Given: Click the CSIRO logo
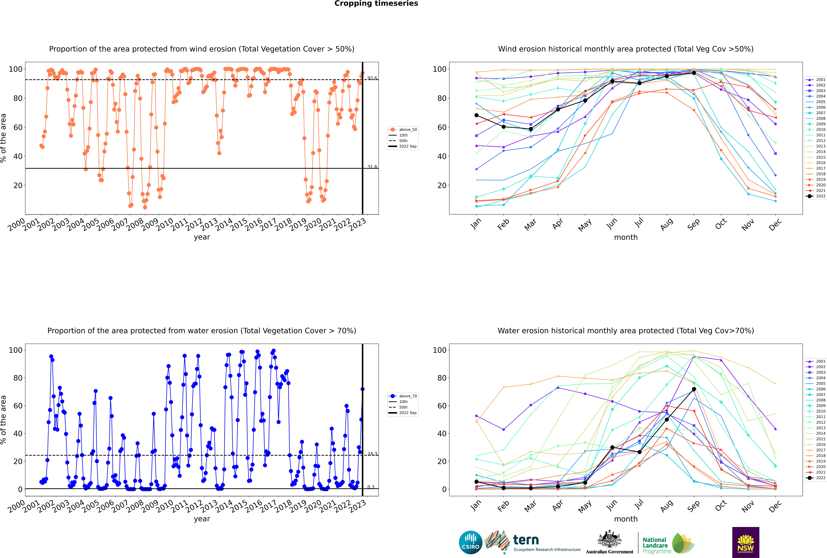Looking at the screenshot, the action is click(x=470, y=542).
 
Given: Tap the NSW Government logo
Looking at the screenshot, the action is click(x=746, y=542).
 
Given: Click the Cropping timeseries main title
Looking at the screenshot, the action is click(x=376, y=4).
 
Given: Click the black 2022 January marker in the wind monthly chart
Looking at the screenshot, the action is click(x=476, y=115).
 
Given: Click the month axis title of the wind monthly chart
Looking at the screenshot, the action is click(x=626, y=237).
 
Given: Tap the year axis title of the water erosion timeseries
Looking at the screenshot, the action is click(x=202, y=519).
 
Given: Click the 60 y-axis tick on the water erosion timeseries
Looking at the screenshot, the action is click(x=18, y=406).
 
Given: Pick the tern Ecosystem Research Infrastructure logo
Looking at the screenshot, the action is click(x=532, y=542).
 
